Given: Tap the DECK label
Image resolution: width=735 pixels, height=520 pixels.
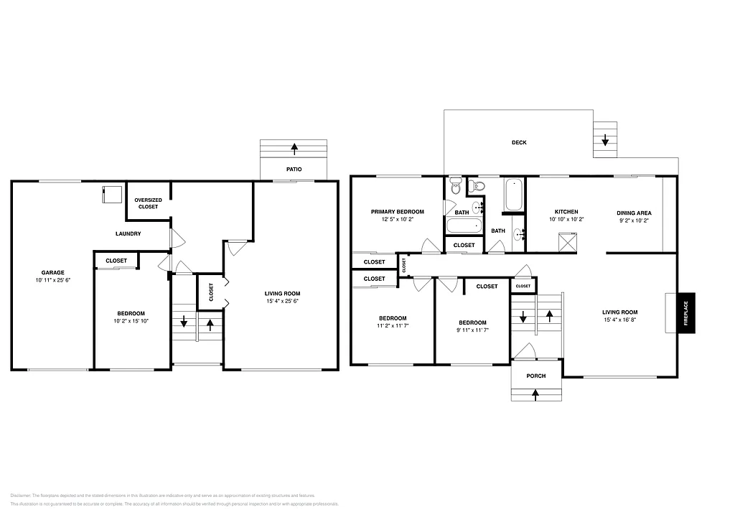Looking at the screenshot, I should (x=519, y=142).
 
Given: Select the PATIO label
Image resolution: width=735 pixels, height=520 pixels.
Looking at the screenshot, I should (x=294, y=170).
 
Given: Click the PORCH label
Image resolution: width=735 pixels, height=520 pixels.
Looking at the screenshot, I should (x=536, y=376).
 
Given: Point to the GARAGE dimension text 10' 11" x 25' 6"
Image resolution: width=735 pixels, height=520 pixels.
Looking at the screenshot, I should (x=52, y=279).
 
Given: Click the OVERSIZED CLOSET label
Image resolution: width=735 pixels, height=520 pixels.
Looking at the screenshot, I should (x=149, y=203).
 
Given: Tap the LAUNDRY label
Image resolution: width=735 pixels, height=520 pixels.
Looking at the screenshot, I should (x=128, y=233).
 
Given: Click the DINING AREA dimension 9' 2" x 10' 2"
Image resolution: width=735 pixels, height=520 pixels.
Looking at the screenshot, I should (x=634, y=220).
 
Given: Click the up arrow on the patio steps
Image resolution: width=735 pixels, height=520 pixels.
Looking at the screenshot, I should (x=294, y=149).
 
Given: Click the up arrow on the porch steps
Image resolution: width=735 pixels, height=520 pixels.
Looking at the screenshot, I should (x=536, y=393).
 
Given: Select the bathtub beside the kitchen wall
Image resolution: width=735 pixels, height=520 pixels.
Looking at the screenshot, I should (x=514, y=195).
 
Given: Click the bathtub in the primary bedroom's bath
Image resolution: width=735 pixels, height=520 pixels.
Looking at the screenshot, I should (x=463, y=226).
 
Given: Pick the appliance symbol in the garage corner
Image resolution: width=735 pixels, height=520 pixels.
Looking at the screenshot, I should (x=111, y=194).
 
